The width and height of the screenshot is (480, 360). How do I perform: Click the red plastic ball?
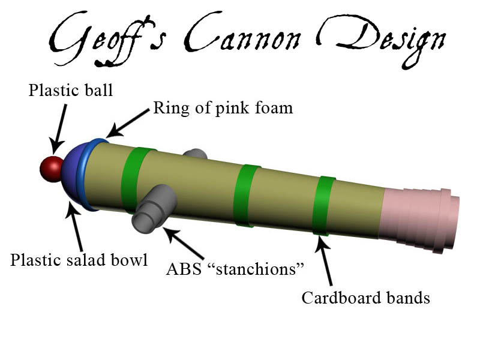pyautogui.click(x=52, y=169)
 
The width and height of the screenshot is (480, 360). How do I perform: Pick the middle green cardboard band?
pyautogui.click(x=245, y=196)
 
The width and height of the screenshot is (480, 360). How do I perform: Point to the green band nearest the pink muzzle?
pyautogui.click(x=323, y=206)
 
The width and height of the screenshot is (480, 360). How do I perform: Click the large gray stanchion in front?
pyautogui.click(x=155, y=208)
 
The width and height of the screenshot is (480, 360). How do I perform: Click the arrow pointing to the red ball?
pyautogui.click(x=59, y=129)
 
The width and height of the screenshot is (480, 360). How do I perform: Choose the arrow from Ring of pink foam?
pyautogui.click(x=128, y=123)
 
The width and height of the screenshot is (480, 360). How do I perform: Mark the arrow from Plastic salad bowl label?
pyautogui.click(x=74, y=227)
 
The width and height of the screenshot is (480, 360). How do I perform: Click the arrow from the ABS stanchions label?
pyautogui.click(x=183, y=242)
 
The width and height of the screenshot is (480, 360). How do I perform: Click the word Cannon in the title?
pyautogui.click(x=242, y=35)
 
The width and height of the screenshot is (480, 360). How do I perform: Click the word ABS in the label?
pyautogui.click(x=184, y=269)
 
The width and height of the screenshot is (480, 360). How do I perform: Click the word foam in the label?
pyautogui.click(x=274, y=107)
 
